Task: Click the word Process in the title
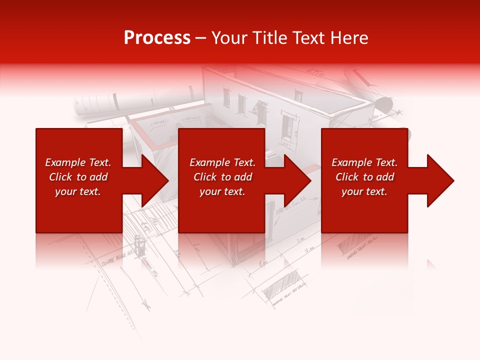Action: click(x=157, y=38)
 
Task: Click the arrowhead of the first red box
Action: click(x=155, y=180)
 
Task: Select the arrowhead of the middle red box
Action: click(x=297, y=180)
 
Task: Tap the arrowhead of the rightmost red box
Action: click(x=440, y=180)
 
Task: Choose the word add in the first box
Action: click(x=98, y=177)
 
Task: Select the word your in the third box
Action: click(x=352, y=191)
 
